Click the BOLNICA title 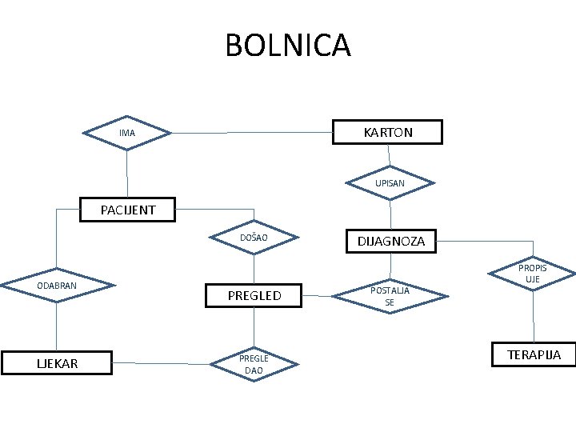pyautogui.click(x=288, y=46)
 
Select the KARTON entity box pyautogui.click(x=388, y=132)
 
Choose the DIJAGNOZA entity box pyautogui.click(x=390, y=241)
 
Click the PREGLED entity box pyautogui.click(x=254, y=295)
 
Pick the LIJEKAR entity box pyautogui.click(x=57, y=363)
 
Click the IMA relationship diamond pyautogui.click(x=127, y=133)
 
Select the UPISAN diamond pyautogui.click(x=390, y=183)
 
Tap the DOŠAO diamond pyautogui.click(x=254, y=238)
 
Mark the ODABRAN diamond pyautogui.click(x=56, y=285)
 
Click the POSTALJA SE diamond pyautogui.click(x=390, y=296)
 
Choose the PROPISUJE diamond pyautogui.click(x=532, y=273)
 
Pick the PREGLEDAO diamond pyautogui.click(x=254, y=365)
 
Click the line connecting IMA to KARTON pyautogui.click(x=252, y=131)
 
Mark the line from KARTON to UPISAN pyautogui.click(x=390, y=154)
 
